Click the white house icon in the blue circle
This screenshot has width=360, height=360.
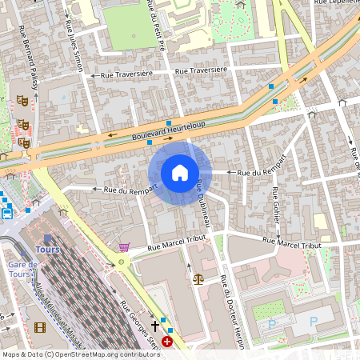coord(180,173)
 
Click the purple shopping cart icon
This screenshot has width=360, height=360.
coord(124,247)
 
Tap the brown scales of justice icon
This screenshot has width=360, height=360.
coord(198,278)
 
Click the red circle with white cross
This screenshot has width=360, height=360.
coord(167,342)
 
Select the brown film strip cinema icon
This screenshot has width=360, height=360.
coord(40,327)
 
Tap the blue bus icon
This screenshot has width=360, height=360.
coord(7,213)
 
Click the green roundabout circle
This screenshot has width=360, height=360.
coord(122,262)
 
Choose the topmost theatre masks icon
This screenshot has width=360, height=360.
coord(22,100)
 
